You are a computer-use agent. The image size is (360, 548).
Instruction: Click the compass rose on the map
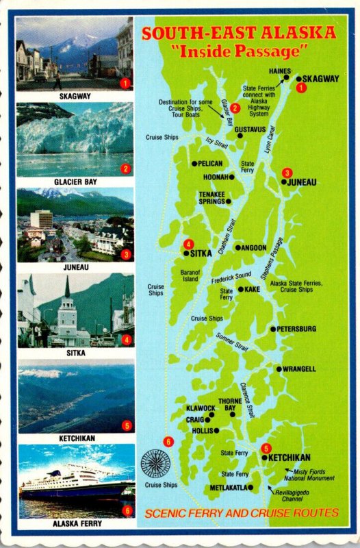click(x=155, y=464)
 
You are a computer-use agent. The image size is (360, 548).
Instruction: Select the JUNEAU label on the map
click(x=302, y=182)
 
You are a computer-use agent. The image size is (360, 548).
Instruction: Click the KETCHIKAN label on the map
click(x=290, y=458)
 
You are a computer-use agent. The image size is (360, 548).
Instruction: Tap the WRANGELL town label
click(x=300, y=369)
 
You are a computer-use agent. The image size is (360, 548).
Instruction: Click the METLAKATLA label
click(x=228, y=488)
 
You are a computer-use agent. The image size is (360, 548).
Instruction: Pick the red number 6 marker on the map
click(x=168, y=440)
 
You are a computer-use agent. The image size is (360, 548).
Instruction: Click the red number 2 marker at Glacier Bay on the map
click(x=235, y=107)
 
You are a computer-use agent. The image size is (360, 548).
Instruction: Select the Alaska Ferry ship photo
click(x=75, y=482)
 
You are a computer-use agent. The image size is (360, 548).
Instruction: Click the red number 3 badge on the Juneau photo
click(x=125, y=254)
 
